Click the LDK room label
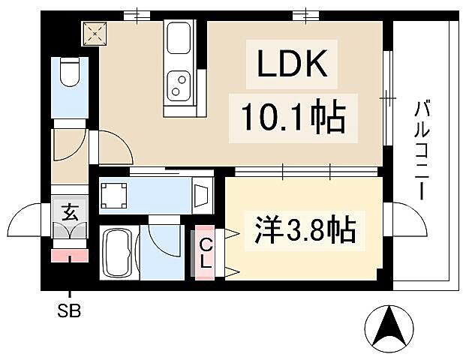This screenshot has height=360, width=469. coord(293,66)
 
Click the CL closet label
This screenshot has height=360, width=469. coord(205,253)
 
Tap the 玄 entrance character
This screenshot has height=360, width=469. coord(70,212)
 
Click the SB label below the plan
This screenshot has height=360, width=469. coord(70,310)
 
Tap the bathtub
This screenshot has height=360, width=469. coord(118,253)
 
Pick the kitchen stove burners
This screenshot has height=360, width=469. coord(180,84)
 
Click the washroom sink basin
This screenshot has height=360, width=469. coord(201,196)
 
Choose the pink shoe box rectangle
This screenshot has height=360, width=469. coord(70,255)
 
